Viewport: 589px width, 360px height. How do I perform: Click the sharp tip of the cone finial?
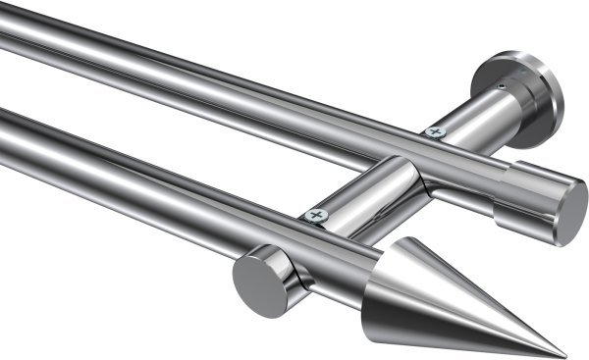[x=565, y=356]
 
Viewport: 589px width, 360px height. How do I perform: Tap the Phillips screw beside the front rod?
[x=315, y=215]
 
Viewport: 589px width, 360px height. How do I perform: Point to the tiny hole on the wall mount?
[x=502, y=87]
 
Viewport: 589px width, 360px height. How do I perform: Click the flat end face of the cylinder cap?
[x=569, y=212]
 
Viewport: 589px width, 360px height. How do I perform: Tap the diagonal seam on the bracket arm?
[x=416, y=177]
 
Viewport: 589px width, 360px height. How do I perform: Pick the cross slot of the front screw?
[x=315, y=215]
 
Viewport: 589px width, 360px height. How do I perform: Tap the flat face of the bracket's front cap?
[x=252, y=284]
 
